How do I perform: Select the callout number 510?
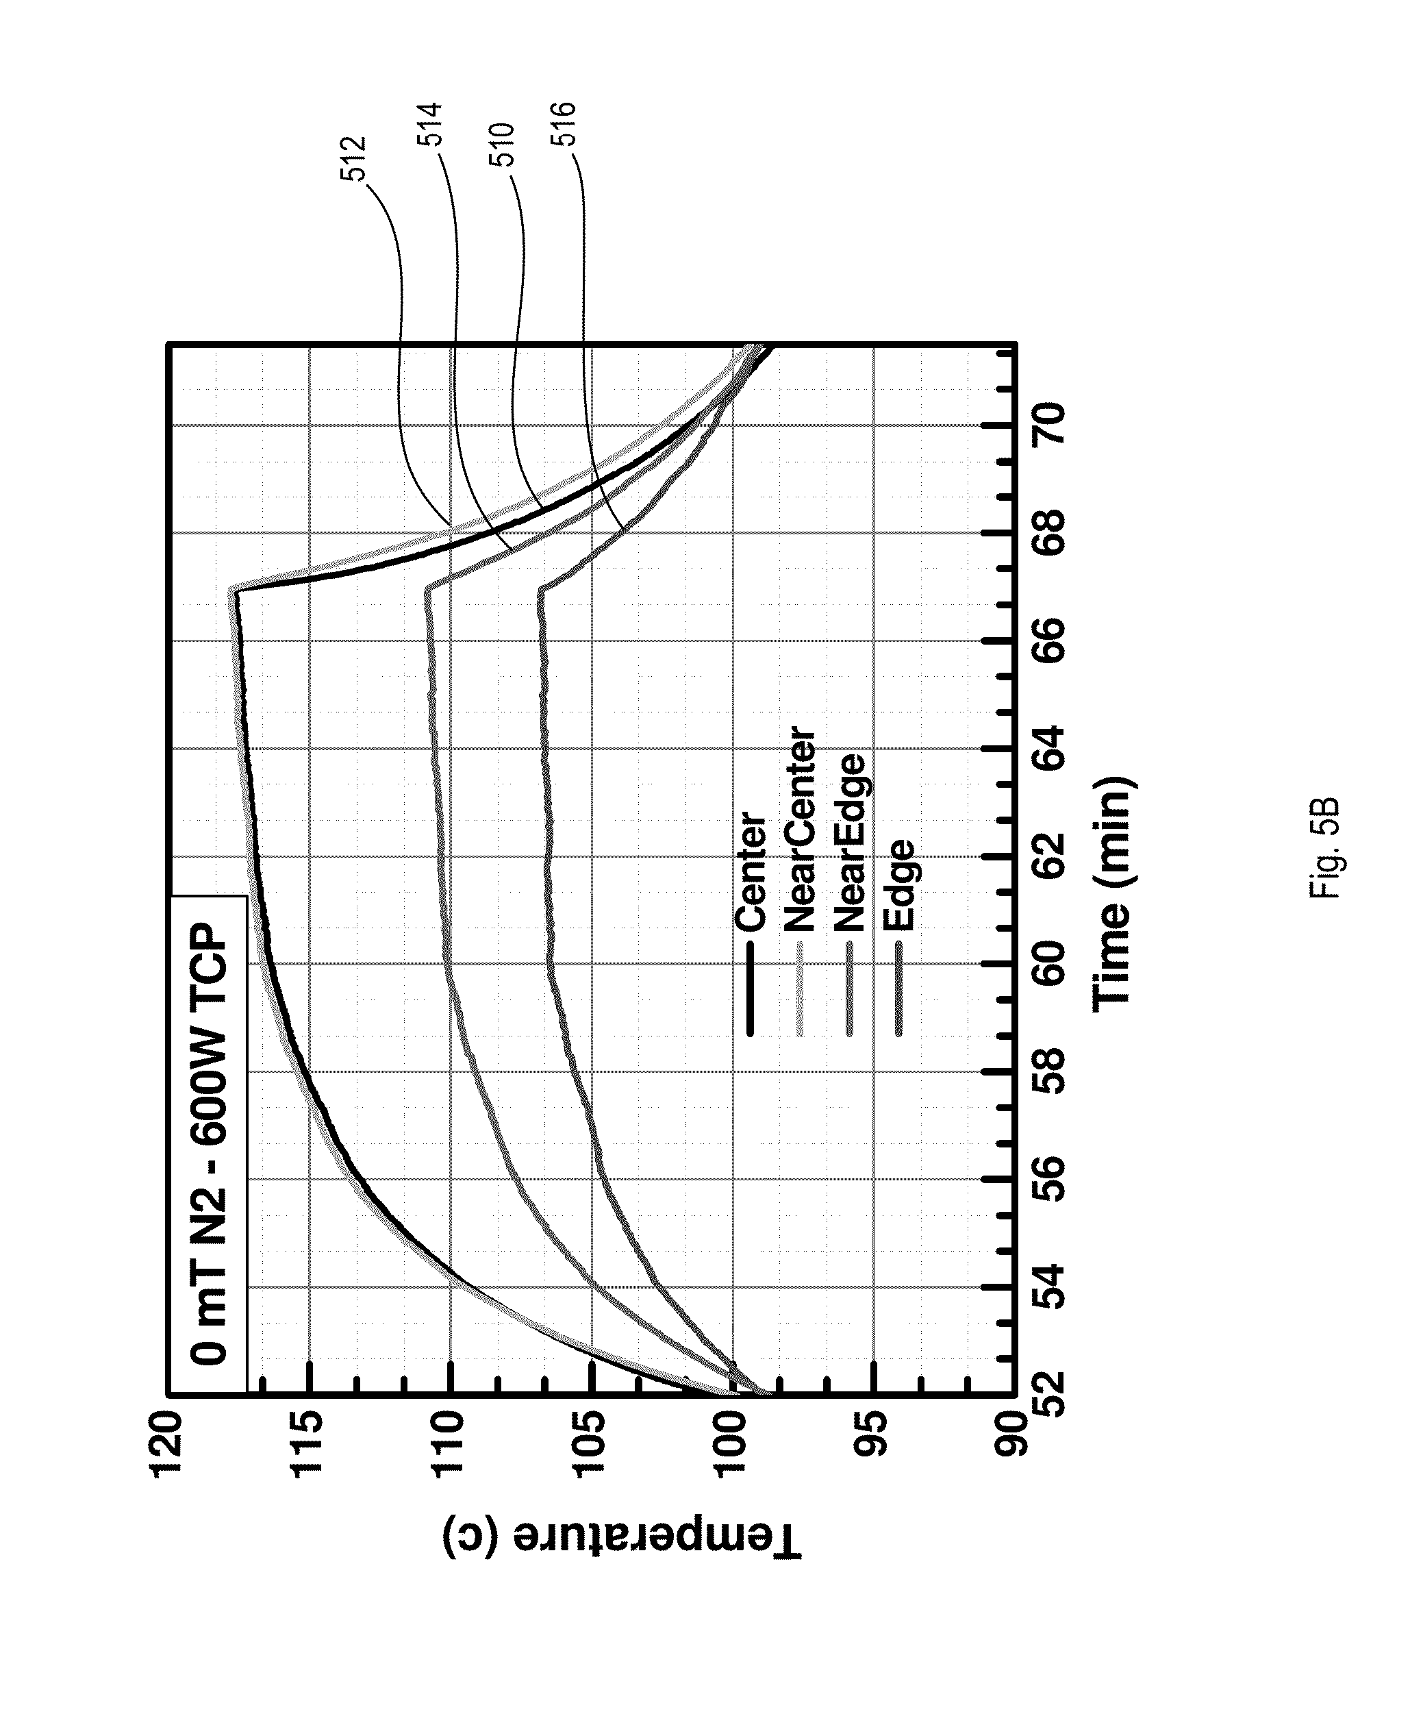click(502, 145)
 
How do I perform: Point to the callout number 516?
click(563, 123)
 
